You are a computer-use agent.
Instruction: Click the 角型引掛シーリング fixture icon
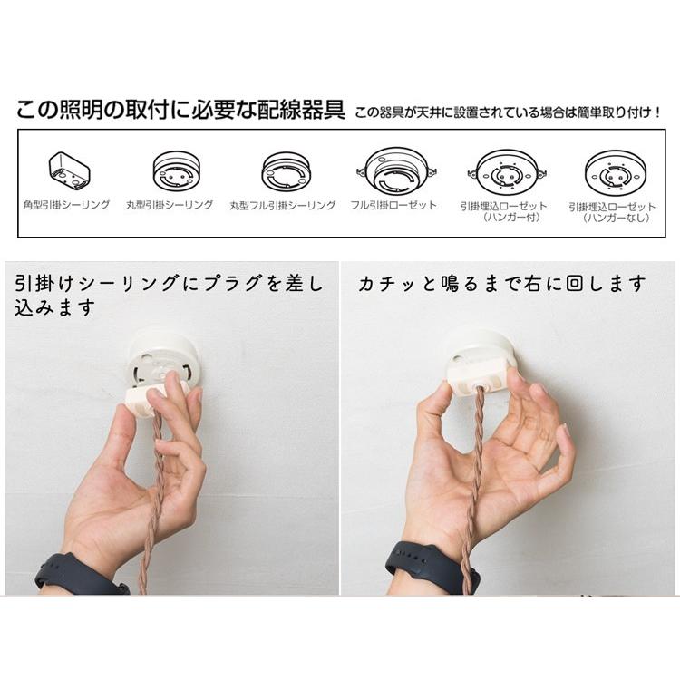click(x=67, y=170)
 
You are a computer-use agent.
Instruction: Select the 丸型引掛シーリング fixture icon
click(x=177, y=170)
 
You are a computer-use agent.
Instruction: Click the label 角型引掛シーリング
click(x=67, y=206)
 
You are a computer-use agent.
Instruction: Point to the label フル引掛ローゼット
click(x=393, y=206)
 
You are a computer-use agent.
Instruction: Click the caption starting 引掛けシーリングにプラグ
click(x=168, y=295)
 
